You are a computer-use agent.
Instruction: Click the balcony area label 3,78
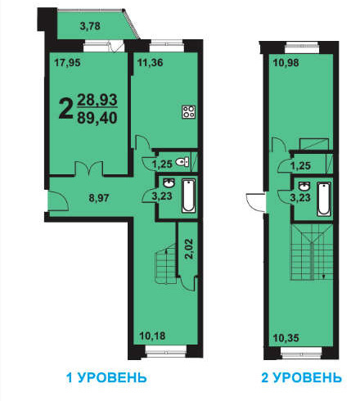tap(90, 26)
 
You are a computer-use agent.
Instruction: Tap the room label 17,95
tap(67, 63)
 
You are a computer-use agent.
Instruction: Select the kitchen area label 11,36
tap(151, 63)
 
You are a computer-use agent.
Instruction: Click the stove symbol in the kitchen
tap(189, 112)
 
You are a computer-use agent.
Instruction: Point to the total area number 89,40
tap(97, 119)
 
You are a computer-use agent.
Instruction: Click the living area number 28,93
tap(97, 100)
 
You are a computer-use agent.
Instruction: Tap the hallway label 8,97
tap(99, 198)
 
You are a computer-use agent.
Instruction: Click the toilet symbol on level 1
tap(182, 162)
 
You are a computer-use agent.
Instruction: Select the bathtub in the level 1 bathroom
tap(189, 196)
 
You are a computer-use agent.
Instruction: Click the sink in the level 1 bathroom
tap(169, 182)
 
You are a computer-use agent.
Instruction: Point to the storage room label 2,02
tap(188, 249)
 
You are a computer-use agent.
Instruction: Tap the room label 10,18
tap(152, 336)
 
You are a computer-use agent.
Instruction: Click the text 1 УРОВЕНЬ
tap(106, 378)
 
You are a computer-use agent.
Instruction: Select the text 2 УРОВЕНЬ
tap(301, 378)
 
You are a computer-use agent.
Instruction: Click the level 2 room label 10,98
tap(286, 63)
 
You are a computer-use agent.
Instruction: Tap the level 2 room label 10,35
tap(286, 338)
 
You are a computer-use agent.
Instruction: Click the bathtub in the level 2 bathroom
tap(324, 199)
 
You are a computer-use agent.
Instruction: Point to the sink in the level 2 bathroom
tap(304, 187)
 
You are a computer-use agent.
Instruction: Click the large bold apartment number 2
tap(65, 109)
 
